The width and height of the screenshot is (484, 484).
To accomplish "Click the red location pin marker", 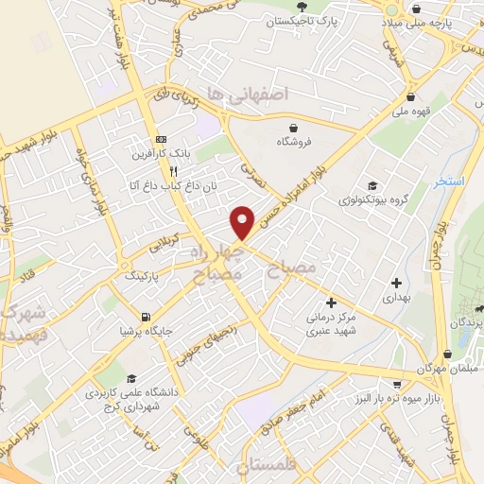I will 243,222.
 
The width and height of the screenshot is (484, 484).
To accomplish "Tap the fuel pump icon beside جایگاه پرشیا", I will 144,318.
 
